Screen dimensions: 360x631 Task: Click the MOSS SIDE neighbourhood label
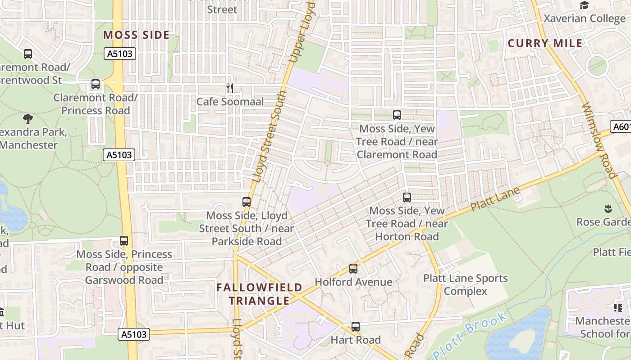(x=136, y=35)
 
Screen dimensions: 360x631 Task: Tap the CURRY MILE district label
(x=545, y=44)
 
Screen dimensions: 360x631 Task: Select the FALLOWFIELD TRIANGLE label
(x=259, y=294)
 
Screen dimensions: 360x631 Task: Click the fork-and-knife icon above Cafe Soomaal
(x=230, y=88)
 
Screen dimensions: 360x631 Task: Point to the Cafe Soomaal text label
(x=230, y=102)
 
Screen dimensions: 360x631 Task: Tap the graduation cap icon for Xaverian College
(x=584, y=5)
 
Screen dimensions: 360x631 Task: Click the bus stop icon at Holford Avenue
(x=353, y=269)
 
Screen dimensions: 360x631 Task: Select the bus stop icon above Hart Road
(x=356, y=327)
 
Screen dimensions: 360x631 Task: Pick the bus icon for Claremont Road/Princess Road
(x=96, y=84)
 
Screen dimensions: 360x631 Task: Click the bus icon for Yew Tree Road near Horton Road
(x=407, y=197)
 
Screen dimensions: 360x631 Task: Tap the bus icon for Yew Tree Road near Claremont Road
(x=397, y=115)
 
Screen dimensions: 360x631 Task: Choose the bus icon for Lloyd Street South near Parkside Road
(x=247, y=202)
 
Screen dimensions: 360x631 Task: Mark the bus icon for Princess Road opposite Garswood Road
(x=124, y=241)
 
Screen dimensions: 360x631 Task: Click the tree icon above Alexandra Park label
(x=28, y=119)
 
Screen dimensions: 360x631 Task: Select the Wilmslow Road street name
(x=599, y=141)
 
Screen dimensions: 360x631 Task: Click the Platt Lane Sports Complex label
(x=465, y=285)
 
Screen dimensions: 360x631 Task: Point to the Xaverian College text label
(x=584, y=18)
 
